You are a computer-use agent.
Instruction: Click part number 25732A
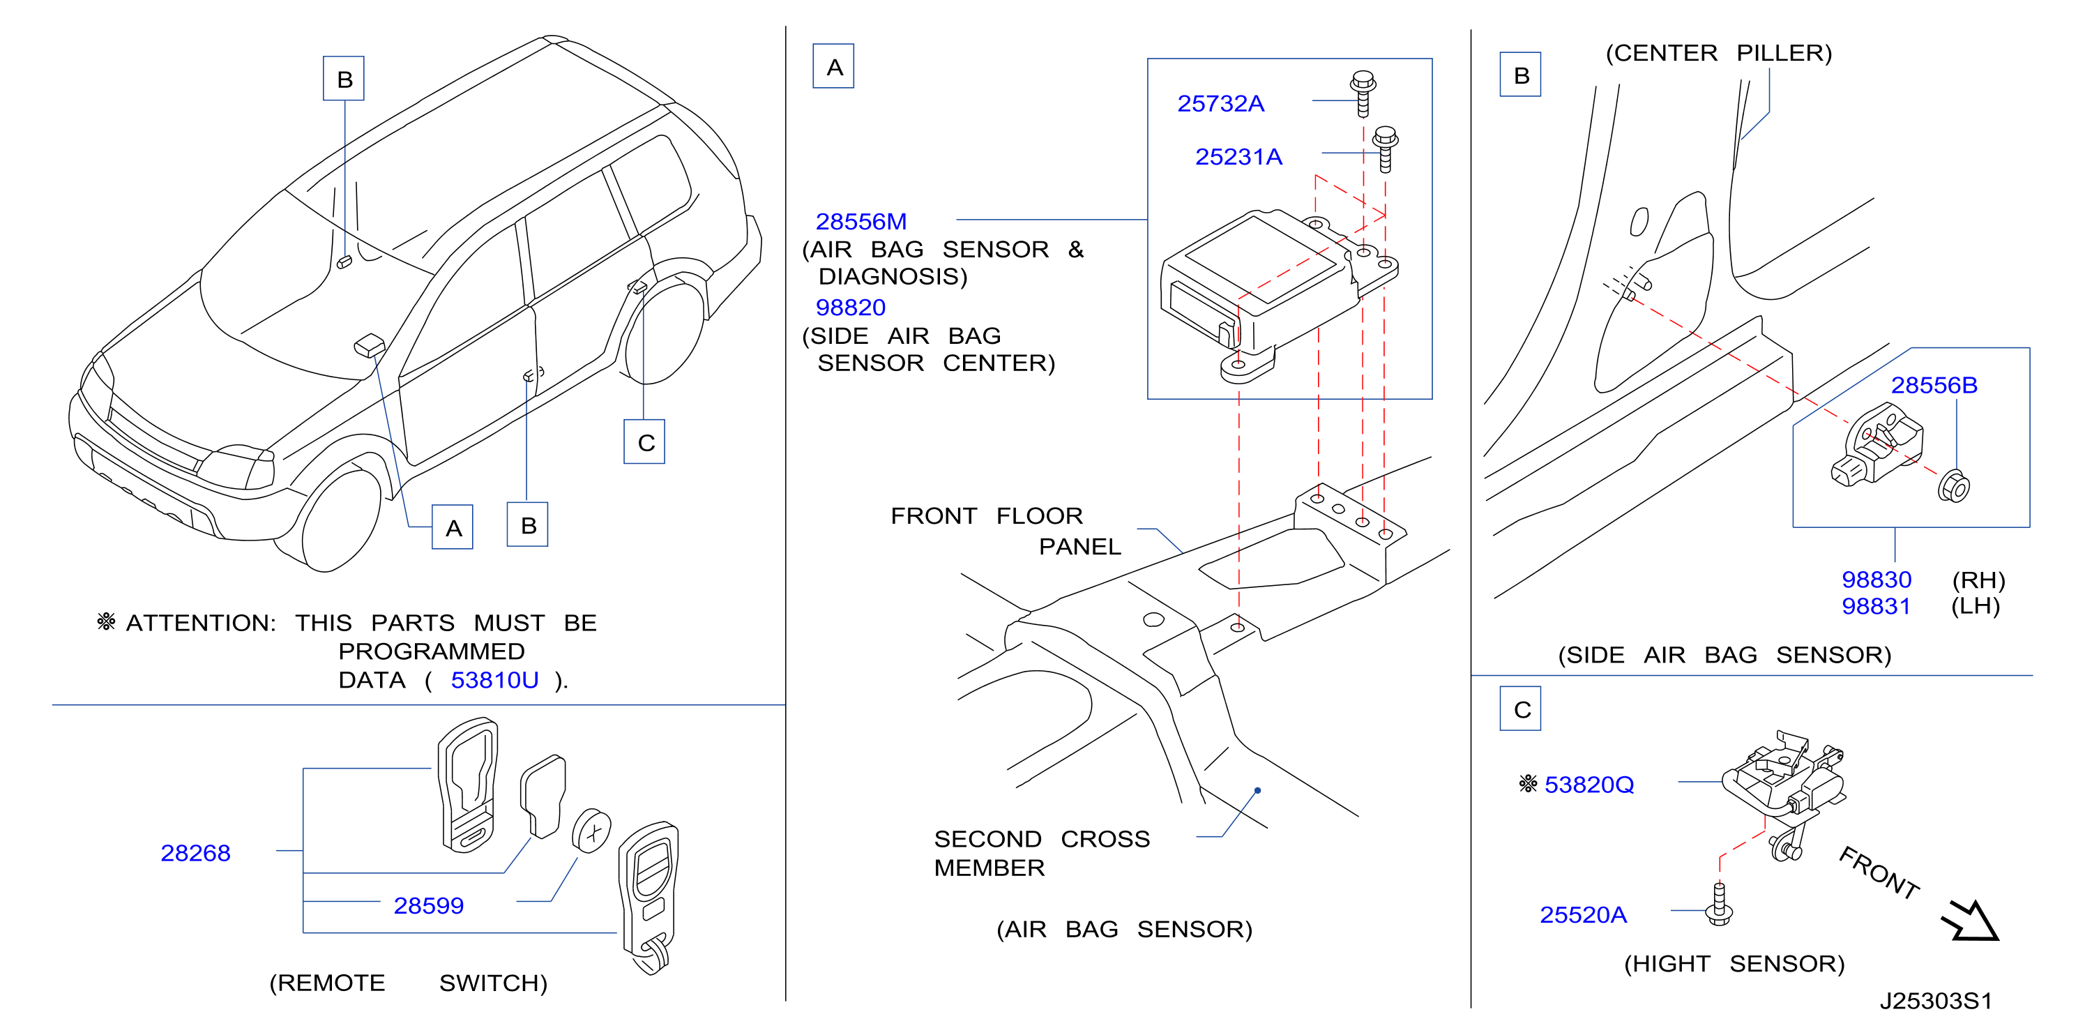pos(1220,104)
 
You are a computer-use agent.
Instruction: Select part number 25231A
pos(1238,157)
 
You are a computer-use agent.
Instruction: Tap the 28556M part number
pos(860,222)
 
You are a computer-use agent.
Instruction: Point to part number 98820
pos(850,308)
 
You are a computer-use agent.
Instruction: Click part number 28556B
pos(1934,385)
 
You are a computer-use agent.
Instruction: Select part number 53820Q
pos(1589,785)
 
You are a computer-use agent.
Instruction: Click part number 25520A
pos(1582,915)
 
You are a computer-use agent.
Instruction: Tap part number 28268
pos(195,853)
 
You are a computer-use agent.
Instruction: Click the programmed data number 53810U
pos(494,681)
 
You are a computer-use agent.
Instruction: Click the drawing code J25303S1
pos(1935,1001)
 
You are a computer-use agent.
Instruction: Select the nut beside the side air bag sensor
pos(1953,485)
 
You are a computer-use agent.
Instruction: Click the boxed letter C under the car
pos(644,442)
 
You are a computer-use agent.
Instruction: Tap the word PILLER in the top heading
pos(1784,54)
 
